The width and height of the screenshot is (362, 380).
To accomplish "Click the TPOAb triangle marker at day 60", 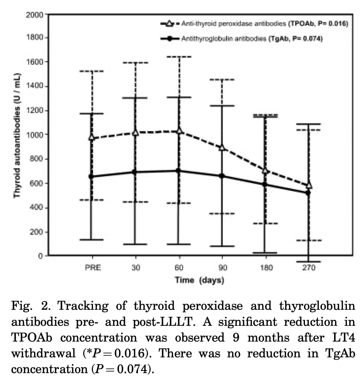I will coord(179,130).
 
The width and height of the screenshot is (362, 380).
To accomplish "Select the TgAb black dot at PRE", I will coord(91,176).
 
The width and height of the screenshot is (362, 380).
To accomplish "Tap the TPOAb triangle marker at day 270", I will coord(309,185).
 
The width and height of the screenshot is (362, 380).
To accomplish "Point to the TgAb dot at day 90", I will coord(222,176).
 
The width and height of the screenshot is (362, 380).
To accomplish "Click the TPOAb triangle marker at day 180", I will coord(265,171).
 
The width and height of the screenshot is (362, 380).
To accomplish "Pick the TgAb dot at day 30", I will coord(135,172).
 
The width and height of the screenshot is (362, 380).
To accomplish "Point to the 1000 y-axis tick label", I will coord(34,135).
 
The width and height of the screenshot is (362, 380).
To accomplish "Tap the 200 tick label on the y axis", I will coord(36,232).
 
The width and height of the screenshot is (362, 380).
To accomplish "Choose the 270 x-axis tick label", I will coord(309,268).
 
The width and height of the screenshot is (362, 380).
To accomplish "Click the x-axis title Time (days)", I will coord(200,280).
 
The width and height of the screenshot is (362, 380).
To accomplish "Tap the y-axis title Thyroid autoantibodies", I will coord(17,136).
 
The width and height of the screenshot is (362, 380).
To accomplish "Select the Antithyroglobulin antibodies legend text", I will coord(224,39).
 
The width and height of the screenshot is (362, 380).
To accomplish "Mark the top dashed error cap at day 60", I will coord(179,57).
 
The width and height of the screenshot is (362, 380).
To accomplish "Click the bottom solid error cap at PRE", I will coord(91,240).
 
